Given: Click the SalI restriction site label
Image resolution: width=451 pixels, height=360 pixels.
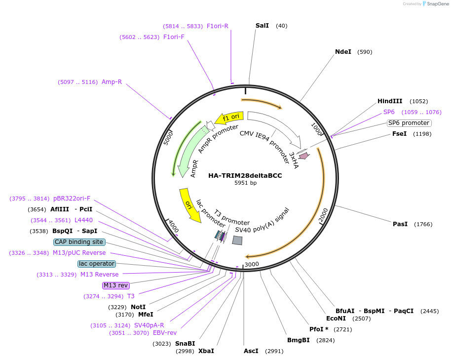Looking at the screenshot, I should click(x=262, y=26).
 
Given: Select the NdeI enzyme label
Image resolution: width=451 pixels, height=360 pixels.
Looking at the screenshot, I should click(x=343, y=52).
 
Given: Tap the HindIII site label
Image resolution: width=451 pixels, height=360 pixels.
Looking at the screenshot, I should click(x=390, y=101).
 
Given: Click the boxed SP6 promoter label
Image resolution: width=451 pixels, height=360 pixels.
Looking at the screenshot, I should click(x=409, y=123).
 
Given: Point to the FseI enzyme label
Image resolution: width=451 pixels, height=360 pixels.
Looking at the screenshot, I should click(x=399, y=134).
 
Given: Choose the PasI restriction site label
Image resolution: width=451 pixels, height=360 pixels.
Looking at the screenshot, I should click(x=400, y=224).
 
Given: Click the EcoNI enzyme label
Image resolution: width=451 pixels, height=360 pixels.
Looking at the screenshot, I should click(x=336, y=319).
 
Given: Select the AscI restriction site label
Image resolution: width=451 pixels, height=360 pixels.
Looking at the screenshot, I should click(x=251, y=351).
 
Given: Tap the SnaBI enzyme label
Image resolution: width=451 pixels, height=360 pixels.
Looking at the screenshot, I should click(x=185, y=344).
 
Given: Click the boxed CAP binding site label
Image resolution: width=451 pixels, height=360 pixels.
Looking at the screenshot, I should click(x=79, y=242).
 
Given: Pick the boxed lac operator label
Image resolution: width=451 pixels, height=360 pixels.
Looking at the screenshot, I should click(x=97, y=264).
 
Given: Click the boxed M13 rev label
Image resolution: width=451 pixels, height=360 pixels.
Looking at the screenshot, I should click(x=115, y=285).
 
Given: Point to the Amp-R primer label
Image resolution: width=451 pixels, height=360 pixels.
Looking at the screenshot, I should click(x=112, y=82).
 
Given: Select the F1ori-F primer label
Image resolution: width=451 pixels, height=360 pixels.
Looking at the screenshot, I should click(x=174, y=37).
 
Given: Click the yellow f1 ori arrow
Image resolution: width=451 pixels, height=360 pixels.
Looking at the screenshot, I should click(x=229, y=118).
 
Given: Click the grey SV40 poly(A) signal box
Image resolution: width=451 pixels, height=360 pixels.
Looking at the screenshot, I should click(x=237, y=240).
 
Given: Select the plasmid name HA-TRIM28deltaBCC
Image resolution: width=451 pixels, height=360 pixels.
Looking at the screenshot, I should click(x=245, y=175).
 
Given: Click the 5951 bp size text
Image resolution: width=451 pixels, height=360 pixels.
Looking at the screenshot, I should click(x=245, y=183).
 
